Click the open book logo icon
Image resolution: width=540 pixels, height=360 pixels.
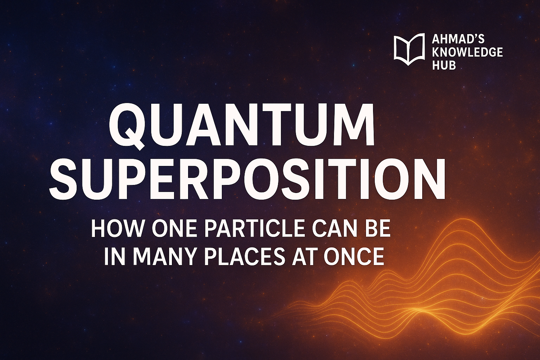409,50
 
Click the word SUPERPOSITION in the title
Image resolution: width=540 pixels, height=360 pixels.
247,179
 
